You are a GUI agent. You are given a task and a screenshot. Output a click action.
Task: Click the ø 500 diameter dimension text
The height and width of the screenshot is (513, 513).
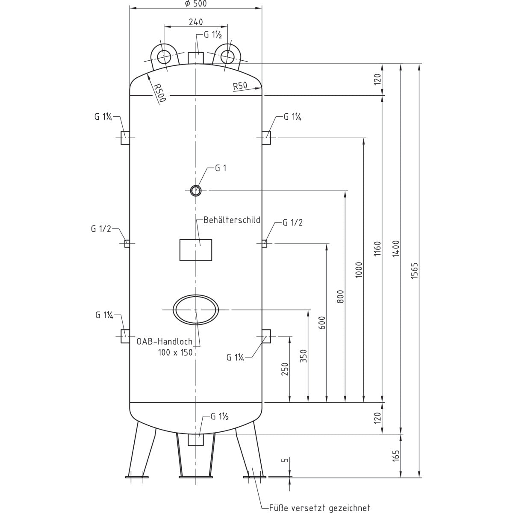[x=195, y=3]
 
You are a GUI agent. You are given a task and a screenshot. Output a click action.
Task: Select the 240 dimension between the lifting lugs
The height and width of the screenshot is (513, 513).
[x=195, y=22]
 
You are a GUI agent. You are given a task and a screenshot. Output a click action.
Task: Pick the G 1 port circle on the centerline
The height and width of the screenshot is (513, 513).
[x=196, y=190]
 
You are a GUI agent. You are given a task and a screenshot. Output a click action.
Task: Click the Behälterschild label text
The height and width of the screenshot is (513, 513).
[x=232, y=221]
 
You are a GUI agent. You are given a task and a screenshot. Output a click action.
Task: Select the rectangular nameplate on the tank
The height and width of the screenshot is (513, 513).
[x=196, y=250]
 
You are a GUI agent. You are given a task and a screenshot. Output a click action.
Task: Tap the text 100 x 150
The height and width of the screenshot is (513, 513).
[x=175, y=352]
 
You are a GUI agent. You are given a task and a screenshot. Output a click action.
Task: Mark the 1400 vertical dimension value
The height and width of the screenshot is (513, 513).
[x=395, y=248]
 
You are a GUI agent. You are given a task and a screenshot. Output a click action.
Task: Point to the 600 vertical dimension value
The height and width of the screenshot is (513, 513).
[x=322, y=323]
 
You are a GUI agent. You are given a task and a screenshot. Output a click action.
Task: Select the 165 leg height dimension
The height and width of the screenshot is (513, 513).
[x=395, y=456]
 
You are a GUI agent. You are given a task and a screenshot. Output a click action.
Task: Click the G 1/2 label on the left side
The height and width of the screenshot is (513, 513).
[x=101, y=229]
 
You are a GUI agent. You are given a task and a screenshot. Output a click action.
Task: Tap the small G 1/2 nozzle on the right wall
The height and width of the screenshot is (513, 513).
[x=265, y=243]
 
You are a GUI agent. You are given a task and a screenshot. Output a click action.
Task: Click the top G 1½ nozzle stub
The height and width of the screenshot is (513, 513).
[x=196, y=57]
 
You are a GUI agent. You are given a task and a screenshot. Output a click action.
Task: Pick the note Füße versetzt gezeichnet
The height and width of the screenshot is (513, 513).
[x=319, y=508]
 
